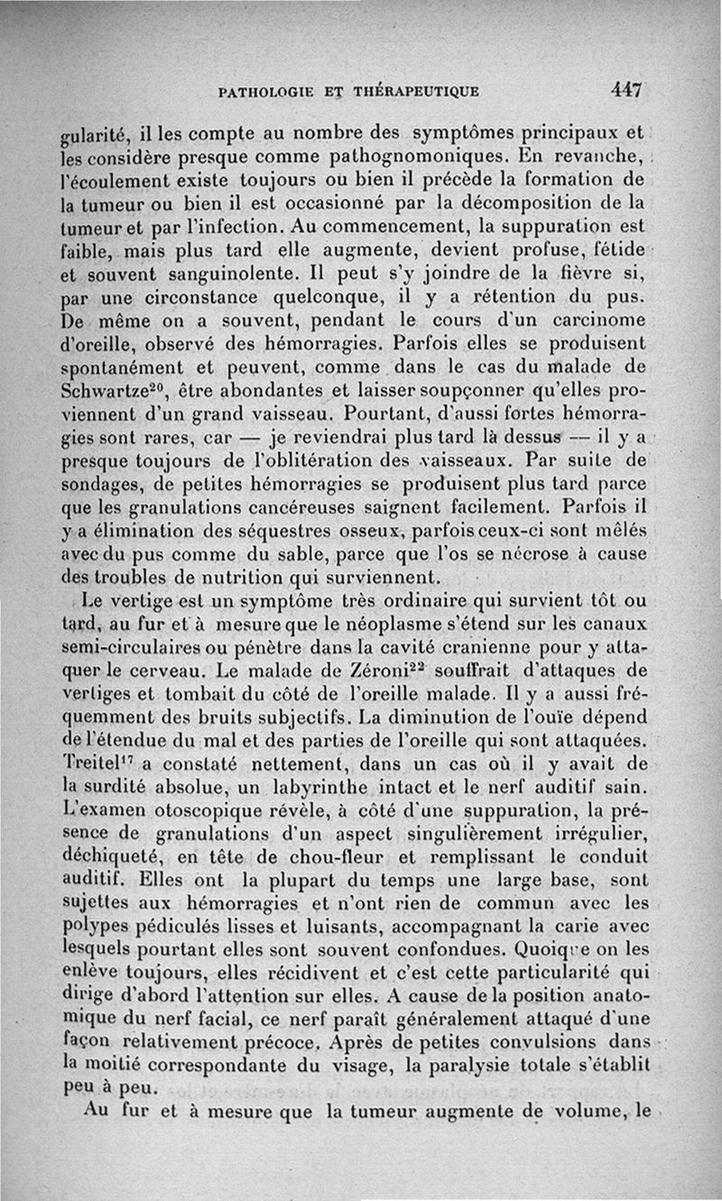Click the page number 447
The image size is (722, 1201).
pyautogui.click(x=625, y=90)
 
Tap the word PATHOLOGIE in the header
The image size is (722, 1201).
pyautogui.click(x=261, y=91)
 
